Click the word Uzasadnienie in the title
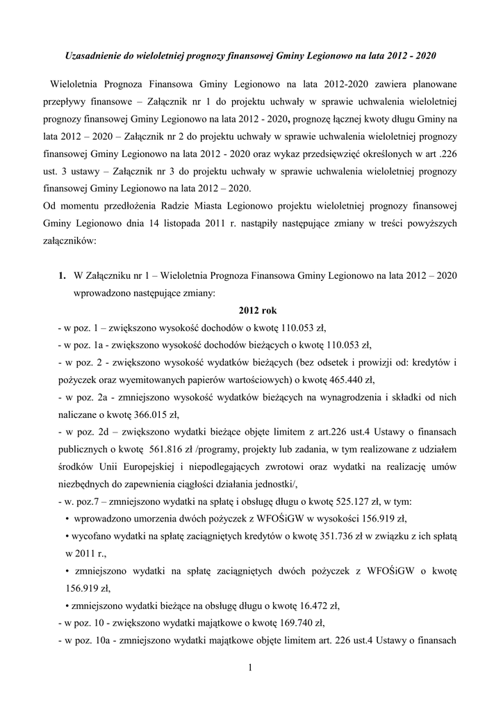point(92,54)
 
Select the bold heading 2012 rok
point(257,310)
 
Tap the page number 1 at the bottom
point(251,668)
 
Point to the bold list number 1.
point(63,275)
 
